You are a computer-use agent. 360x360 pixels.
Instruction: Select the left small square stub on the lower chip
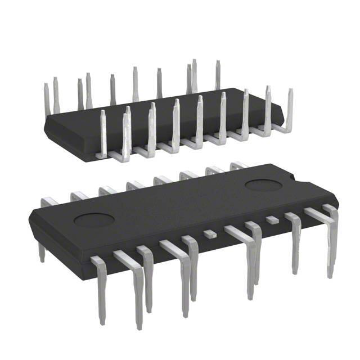210,232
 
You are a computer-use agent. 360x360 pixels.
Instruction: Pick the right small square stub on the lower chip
272,219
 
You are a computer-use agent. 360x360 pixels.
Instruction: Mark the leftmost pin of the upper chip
47,98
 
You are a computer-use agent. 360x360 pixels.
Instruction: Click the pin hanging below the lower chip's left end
41,250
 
